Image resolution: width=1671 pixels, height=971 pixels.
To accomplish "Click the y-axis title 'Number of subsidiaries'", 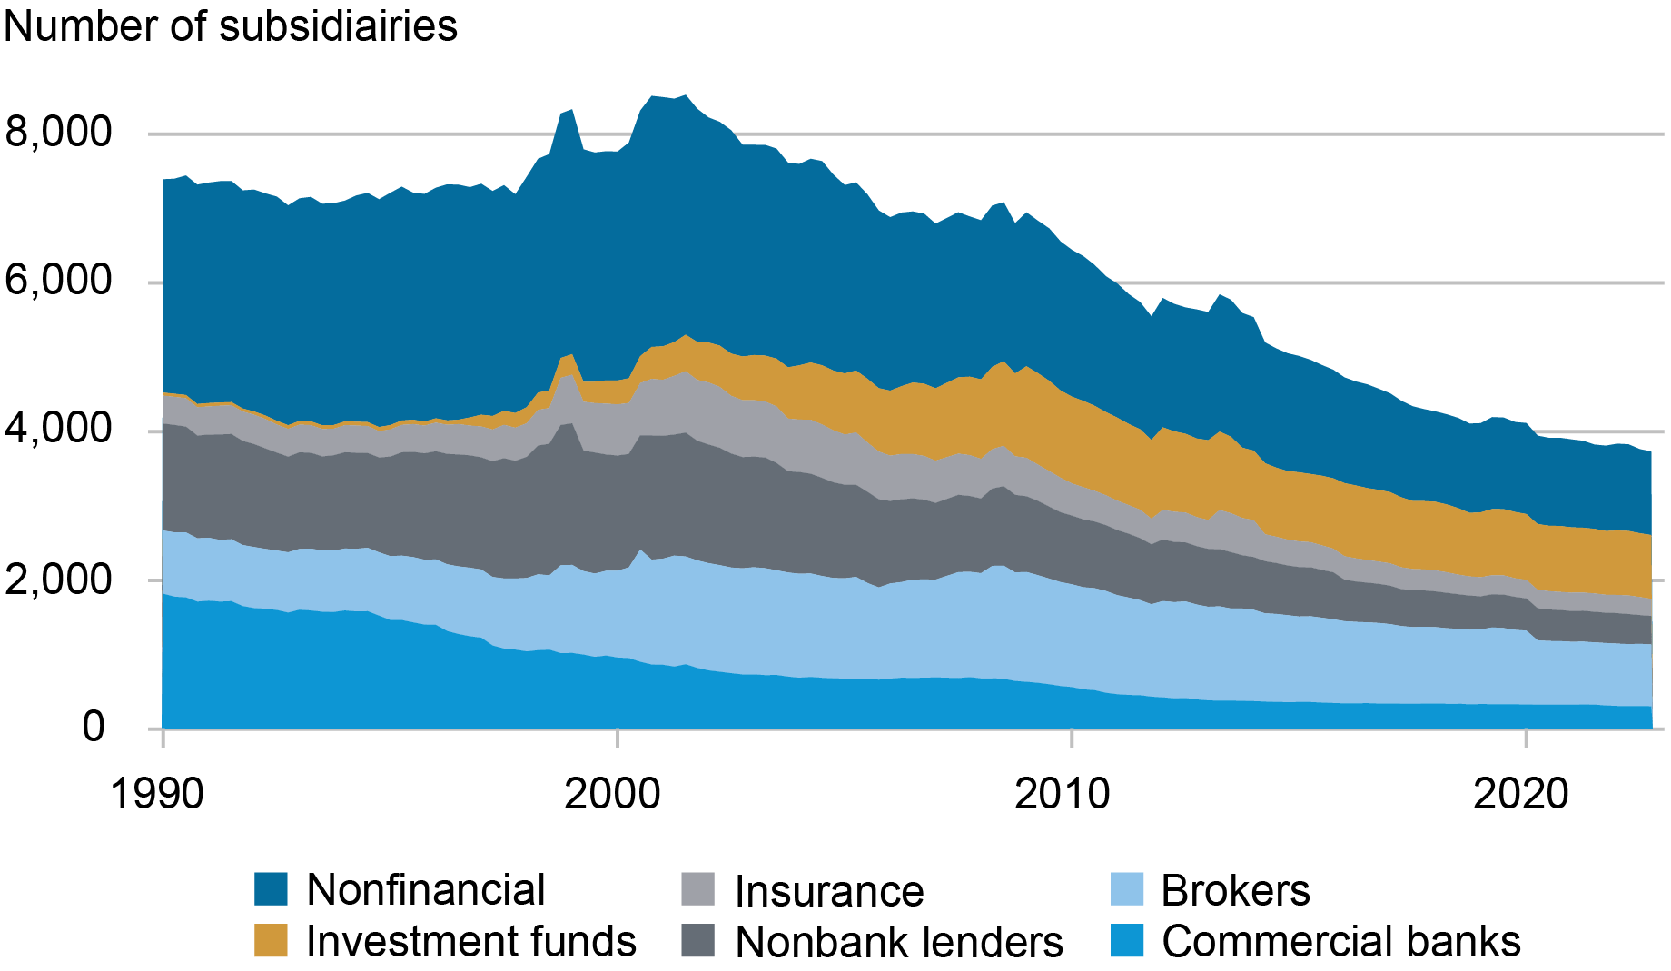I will click(x=231, y=25).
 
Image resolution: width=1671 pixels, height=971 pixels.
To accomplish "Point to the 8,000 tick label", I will click(x=58, y=133).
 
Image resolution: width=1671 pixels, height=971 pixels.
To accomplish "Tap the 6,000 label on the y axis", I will click(x=58, y=282).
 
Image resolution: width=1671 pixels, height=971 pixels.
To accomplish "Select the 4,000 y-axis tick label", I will click(x=58, y=430).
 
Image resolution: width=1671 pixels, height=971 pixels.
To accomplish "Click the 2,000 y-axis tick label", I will click(x=58, y=579).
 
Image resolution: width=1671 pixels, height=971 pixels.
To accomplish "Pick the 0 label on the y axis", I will click(x=94, y=727).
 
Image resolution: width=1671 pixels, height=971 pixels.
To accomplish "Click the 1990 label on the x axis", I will click(x=156, y=794).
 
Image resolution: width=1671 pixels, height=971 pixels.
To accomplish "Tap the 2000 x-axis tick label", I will click(x=612, y=794).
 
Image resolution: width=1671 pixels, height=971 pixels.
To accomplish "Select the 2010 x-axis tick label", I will click(x=1062, y=794).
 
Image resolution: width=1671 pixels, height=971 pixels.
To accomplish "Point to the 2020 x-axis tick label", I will click(x=1520, y=794).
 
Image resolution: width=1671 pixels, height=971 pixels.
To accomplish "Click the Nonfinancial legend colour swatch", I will click(x=271, y=889).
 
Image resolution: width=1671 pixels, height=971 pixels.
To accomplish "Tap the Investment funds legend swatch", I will click(x=271, y=941).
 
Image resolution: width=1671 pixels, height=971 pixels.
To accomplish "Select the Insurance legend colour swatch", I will click(x=697, y=889).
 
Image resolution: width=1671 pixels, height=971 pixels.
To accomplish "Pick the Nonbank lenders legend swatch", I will click(x=697, y=941).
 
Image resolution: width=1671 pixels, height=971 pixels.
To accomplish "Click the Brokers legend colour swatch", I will click(x=1126, y=889).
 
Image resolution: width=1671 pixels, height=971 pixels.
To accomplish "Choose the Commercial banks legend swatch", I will click(x=1126, y=941).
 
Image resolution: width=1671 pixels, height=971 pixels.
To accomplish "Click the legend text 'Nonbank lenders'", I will click(x=899, y=943).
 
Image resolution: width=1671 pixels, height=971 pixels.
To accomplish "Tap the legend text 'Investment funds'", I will click(x=471, y=942).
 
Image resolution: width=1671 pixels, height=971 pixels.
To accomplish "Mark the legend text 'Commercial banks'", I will click(x=1341, y=942).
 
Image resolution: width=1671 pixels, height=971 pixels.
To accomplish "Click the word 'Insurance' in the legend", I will click(x=829, y=891).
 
